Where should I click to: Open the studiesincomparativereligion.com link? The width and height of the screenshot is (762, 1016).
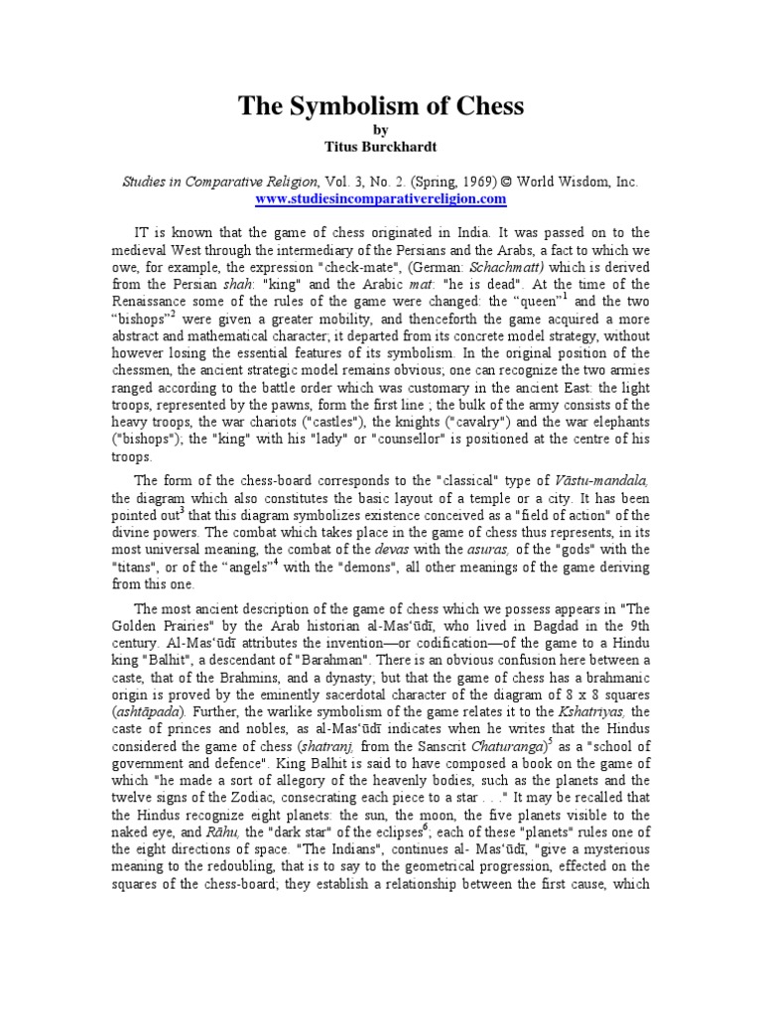click(x=381, y=199)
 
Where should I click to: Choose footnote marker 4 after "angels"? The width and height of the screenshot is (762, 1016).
click(x=275, y=564)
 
